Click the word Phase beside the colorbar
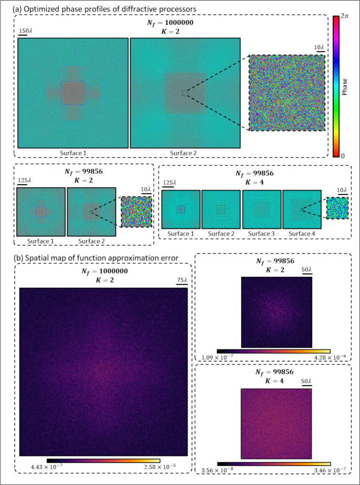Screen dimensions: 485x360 coord(345,86)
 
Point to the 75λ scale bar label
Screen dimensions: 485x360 coord(181,279)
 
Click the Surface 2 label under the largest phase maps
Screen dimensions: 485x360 coord(185,153)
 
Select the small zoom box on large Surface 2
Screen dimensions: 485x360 coord(185,93)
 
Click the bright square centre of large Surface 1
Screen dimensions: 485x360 coord(73,93)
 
